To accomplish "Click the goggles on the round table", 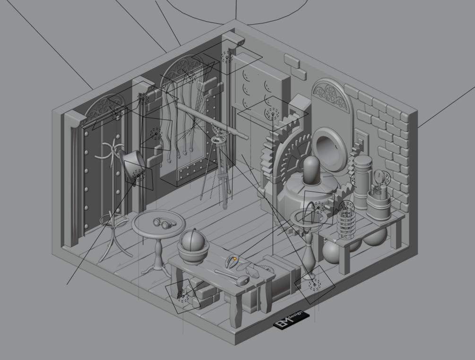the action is (164, 223).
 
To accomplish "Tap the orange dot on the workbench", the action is (235, 258).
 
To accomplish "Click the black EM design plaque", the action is (292, 320).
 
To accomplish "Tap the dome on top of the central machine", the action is (312, 170).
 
